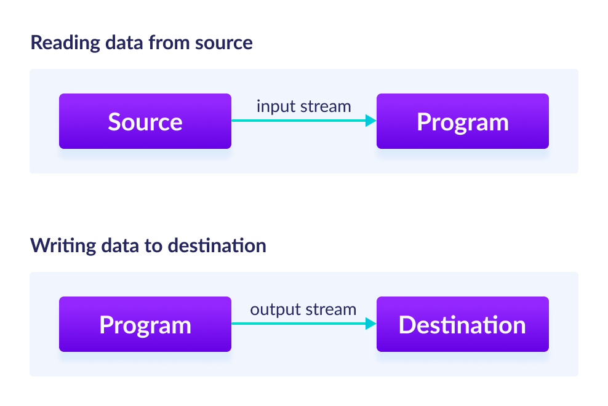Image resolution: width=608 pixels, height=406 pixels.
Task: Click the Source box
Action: click(x=145, y=121)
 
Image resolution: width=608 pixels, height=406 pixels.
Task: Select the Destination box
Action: click(x=462, y=324)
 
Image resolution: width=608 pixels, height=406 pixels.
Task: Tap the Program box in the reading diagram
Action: click(x=462, y=121)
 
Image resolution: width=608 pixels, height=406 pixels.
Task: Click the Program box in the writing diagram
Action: click(x=145, y=324)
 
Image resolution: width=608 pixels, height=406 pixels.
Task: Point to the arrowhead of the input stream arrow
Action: click(x=370, y=121)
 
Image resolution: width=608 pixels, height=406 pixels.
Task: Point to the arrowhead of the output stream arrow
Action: click(x=370, y=324)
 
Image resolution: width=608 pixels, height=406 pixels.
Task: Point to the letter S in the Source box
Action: click(x=114, y=122)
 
